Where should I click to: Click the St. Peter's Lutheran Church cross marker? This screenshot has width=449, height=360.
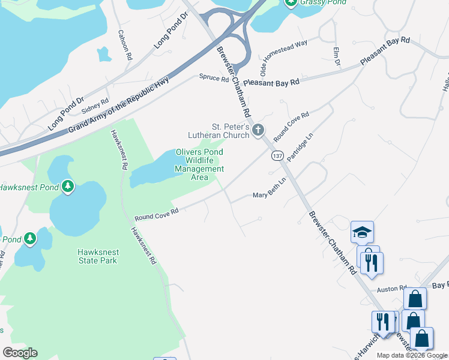pyautogui.click(x=258, y=130)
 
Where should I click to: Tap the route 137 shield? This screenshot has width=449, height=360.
pyautogui.click(x=277, y=156)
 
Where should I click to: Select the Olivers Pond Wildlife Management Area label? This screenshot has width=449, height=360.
pyautogui.click(x=199, y=164)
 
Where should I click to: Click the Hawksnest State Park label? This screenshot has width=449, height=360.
pyautogui.click(x=97, y=256)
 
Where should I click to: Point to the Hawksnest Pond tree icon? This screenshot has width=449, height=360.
pyautogui.click(x=68, y=187)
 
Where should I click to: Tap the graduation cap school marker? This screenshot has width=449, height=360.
pyautogui.click(x=362, y=232)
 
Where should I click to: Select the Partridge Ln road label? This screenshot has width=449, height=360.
pyautogui.click(x=300, y=147)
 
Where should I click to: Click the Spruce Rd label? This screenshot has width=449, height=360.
pyautogui.click(x=214, y=78)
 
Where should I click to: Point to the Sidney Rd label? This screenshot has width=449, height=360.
pyautogui.click(x=95, y=109)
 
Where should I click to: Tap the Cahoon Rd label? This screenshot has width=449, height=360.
pyautogui.click(x=125, y=45)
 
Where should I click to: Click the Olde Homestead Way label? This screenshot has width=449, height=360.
pyautogui.click(x=283, y=54)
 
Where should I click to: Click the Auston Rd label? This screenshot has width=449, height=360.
pyautogui.click(x=391, y=289)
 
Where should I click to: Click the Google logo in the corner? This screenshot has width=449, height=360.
pyautogui.click(x=20, y=353)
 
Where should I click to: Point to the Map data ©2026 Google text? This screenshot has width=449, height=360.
pyautogui.click(x=412, y=355)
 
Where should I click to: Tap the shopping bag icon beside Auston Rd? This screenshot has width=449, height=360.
pyautogui.click(x=415, y=298)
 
